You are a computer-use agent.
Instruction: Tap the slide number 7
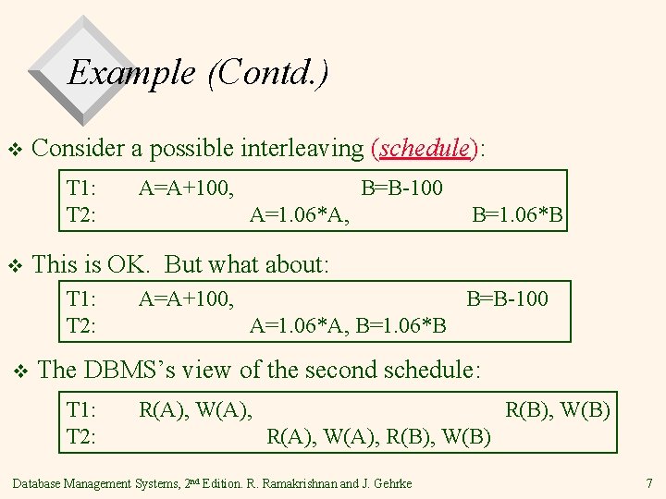tap(648, 482)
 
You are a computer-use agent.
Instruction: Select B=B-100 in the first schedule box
tap(401, 189)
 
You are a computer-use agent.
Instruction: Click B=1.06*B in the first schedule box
tap(517, 216)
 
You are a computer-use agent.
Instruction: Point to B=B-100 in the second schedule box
tap(507, 299)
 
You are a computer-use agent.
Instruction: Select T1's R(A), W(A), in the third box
tap(195, 408)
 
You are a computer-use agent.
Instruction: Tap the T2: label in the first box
tap(82, 216)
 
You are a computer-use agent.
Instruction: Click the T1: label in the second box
tap(82, 299)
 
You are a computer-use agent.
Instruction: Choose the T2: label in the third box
tap(82, 435)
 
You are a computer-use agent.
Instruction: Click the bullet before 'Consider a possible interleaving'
tap(14, 150)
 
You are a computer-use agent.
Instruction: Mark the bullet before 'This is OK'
tap(14, 266)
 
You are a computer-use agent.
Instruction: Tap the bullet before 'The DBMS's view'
tap(21, 371)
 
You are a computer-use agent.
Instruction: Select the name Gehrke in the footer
tap(392, 482)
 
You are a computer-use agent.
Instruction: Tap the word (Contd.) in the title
tap(268, 71)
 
